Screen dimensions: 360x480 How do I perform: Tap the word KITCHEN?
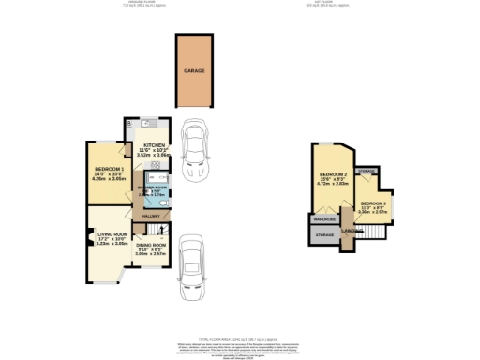[155, 144]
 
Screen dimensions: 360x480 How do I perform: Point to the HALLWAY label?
[152, 215]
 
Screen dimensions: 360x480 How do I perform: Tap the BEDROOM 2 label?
[334, 174]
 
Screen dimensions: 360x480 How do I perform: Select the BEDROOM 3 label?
[373, 202]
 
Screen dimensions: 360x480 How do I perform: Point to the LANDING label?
[352, 231]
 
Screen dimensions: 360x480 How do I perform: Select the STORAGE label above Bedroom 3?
[368, 171]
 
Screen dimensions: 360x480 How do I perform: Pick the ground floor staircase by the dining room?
[159, 231]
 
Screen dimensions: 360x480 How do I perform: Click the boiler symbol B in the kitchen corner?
[129, 123]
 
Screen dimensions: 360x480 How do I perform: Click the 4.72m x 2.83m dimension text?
[334, 185]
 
